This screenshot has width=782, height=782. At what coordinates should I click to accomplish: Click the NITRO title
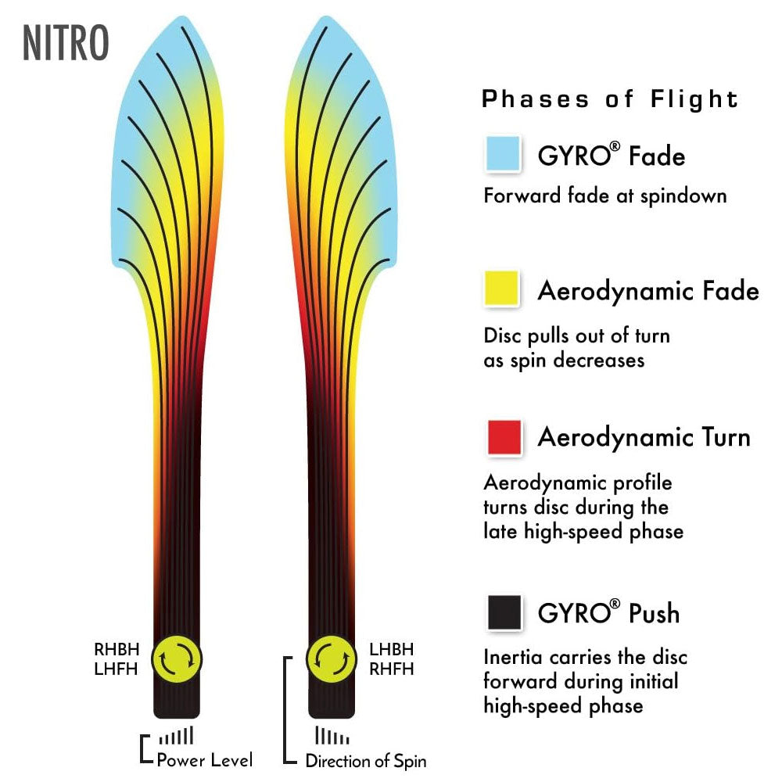click(66, 44)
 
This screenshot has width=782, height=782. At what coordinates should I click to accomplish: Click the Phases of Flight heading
click(610, 99)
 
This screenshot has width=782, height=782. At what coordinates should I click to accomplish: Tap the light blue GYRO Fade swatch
click(503, 153)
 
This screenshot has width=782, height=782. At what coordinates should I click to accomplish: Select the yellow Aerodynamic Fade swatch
click(503, 288)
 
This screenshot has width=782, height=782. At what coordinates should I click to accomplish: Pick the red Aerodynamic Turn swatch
click(503, 437)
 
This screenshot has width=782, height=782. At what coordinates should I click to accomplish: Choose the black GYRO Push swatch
click(503, 612)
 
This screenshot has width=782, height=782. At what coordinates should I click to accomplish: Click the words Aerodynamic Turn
click(644, 437)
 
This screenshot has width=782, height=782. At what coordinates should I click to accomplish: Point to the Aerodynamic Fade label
click(647, 291)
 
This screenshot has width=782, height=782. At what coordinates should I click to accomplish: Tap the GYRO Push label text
click(608, 613)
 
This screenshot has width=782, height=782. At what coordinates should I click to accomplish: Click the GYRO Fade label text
click(611, 156)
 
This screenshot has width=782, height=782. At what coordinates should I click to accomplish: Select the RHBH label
click(118, 648)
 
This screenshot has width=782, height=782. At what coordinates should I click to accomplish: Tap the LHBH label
click(390, 649)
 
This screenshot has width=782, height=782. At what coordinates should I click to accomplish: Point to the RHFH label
click(390, 669)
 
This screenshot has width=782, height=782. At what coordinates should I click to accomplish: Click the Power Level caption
click(204, 759)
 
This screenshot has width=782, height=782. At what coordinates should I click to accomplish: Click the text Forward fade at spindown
click(604, 195)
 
